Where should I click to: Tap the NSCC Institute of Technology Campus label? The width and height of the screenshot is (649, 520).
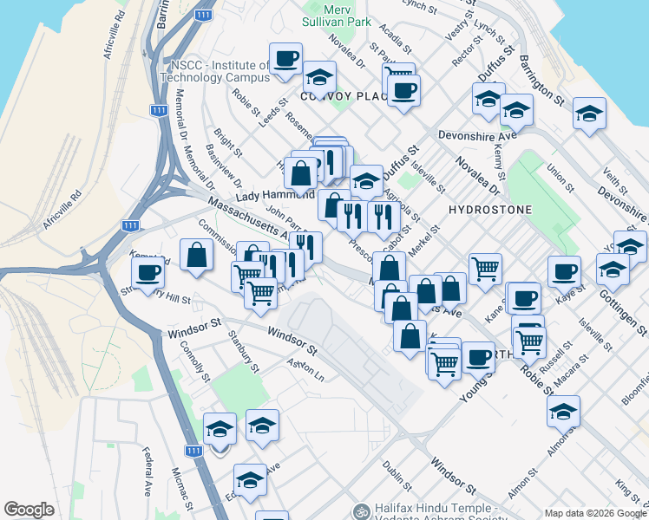point(220,71)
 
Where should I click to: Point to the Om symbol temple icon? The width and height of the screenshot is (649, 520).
point(361,511)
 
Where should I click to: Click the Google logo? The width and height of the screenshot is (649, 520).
point(29,510)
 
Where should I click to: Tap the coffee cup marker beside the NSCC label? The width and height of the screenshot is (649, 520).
point(285,60)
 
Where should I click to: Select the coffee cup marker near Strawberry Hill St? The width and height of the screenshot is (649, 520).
point(147,273)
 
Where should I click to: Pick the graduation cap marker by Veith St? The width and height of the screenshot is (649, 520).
point(589,114)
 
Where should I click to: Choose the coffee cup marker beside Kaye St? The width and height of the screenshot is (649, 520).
point(564,270)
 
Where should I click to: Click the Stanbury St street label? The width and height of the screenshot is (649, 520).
point(243,351)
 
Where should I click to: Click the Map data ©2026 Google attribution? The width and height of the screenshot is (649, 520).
point(594,512)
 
